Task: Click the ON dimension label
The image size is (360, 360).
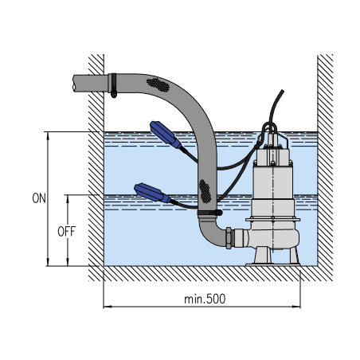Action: coord(39,198)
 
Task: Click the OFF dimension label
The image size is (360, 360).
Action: coord(67,232)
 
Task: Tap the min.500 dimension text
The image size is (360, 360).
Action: coord(205,299)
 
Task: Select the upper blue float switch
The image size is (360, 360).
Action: coord(165,135)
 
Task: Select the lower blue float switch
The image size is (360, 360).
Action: coord(152,193)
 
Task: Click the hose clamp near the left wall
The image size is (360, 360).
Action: coord(114,85)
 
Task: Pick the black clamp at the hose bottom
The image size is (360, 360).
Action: coord(209,213)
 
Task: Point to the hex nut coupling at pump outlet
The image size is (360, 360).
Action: coord(229,238)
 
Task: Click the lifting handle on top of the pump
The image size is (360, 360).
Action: coord(270,127)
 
